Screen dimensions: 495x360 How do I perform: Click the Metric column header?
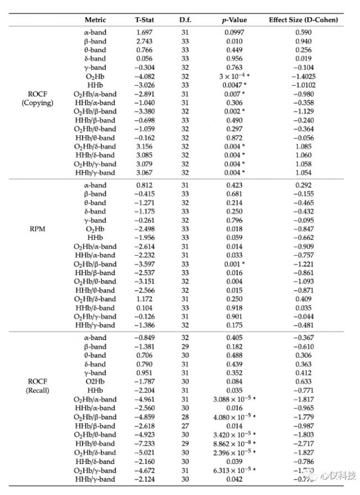pos(95,20)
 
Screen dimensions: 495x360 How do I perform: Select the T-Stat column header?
pos(145,20)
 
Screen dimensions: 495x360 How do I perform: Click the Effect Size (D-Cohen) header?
pos(303,20)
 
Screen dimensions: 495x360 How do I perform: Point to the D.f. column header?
pos(185,20)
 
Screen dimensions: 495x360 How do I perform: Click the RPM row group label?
pos(37,229)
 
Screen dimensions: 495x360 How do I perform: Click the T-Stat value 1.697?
pos(145,32)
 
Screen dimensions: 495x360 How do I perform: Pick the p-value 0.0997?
pos(234,32)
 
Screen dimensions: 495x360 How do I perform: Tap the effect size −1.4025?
pos(303,76)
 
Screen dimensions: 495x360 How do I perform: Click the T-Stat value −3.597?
pos(145,264)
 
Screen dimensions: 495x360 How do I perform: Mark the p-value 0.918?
pos(234,308)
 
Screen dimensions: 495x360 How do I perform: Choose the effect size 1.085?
pos(303,146)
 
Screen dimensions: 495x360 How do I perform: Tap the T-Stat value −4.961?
pos(145,399)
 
